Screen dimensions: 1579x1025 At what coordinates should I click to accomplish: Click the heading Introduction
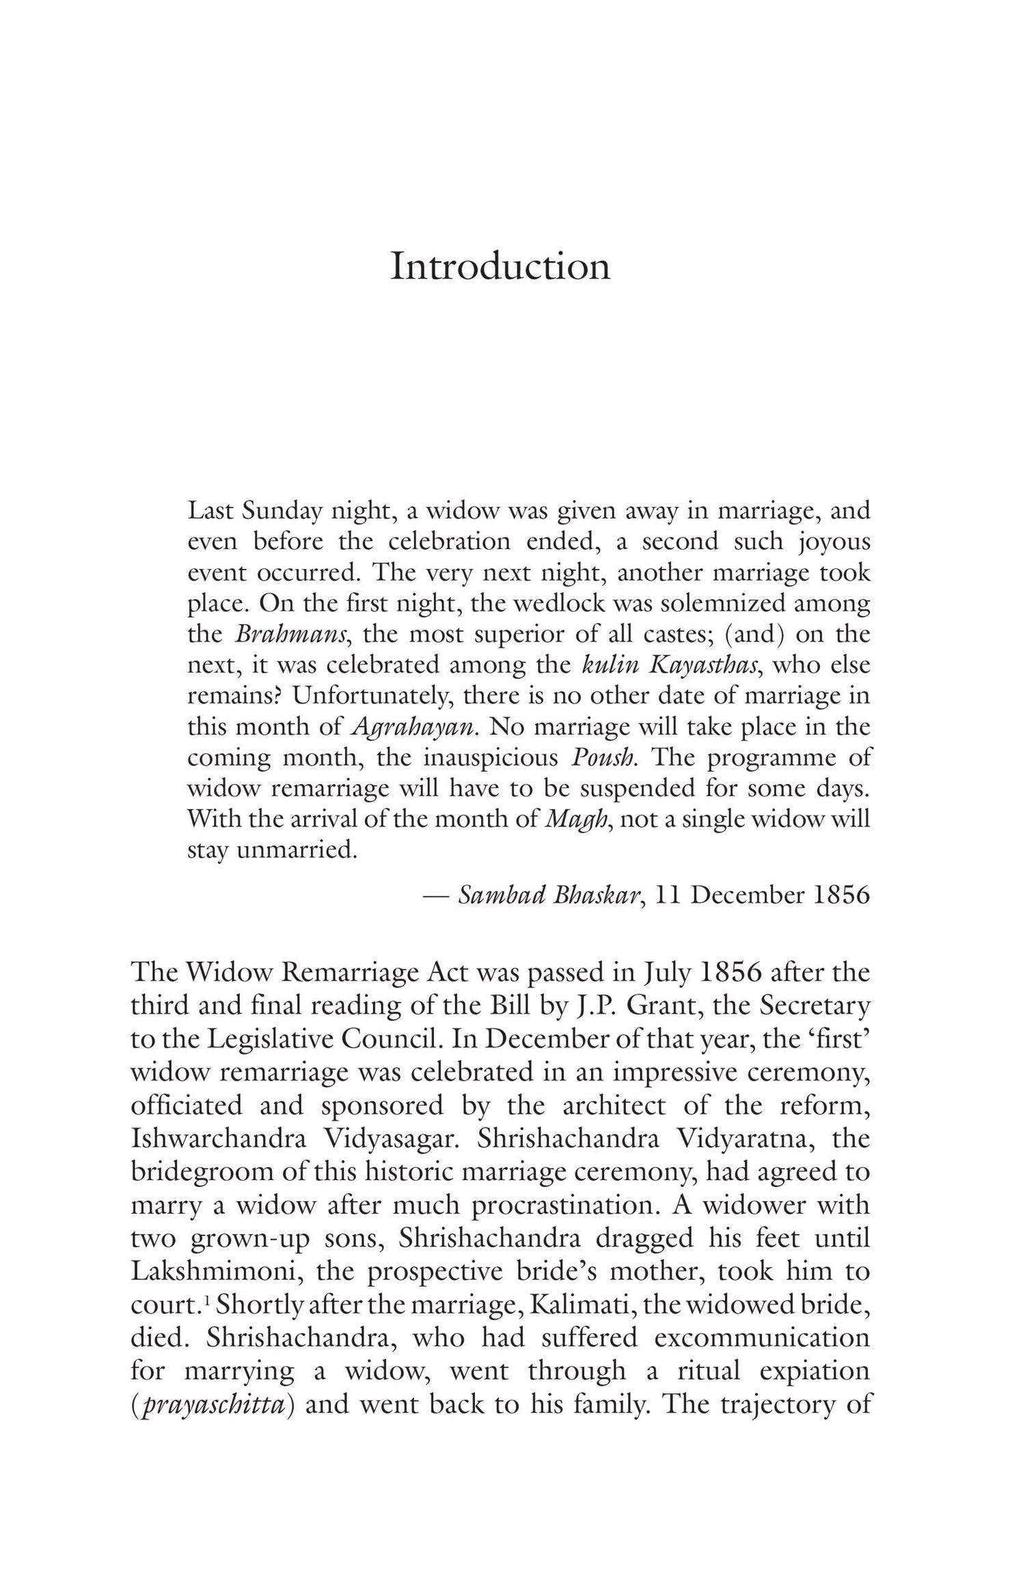pyautogui.click(x=500, y=266)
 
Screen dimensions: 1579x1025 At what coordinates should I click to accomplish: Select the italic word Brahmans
pyautogui.click(x=292, y=634)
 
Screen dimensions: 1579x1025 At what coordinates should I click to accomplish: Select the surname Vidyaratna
pyautogui.click(x=745, y=1139)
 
